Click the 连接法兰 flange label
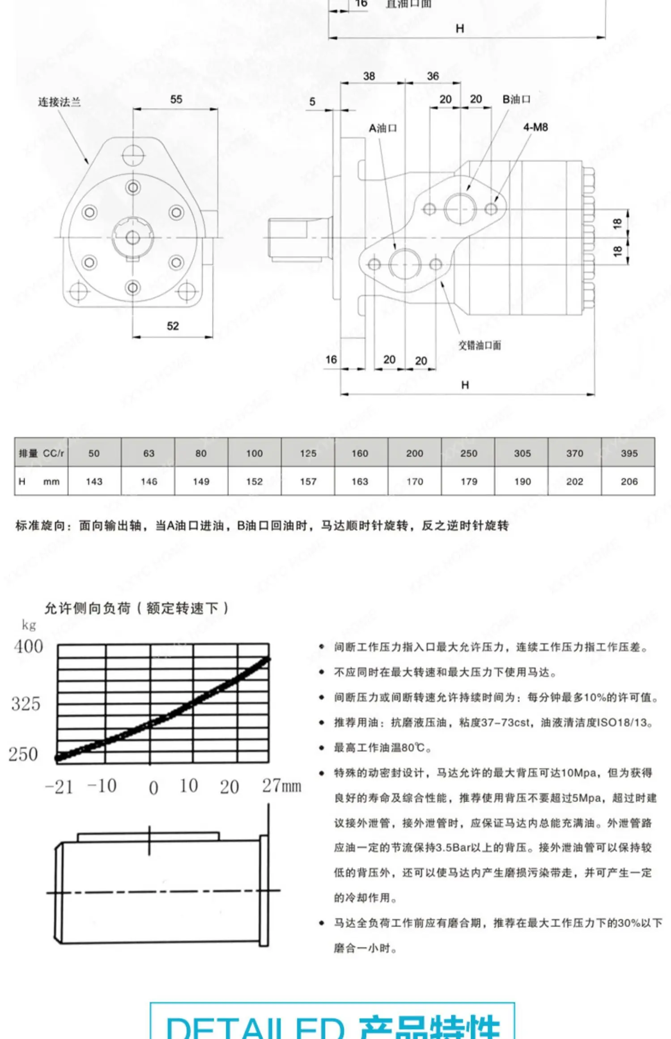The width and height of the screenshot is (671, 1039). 59,102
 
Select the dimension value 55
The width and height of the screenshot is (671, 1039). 176,99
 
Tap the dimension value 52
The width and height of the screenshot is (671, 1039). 173,326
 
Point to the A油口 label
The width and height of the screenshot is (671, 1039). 382,128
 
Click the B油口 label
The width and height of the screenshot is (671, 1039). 516,99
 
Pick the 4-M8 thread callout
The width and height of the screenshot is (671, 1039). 535,128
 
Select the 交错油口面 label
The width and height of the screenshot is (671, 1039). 480,345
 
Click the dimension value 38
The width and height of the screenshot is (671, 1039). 369,76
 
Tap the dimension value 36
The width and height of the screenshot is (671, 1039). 433,76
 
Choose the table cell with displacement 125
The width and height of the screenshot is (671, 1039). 308,453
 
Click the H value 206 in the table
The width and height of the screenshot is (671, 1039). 629,481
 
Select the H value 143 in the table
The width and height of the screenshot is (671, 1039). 94,481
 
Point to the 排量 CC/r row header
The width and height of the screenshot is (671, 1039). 41,453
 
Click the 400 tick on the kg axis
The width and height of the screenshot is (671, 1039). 28,647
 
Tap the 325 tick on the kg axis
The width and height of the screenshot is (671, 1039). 26,704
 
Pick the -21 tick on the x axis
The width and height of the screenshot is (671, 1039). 59,787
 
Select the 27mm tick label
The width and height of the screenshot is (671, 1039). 281,786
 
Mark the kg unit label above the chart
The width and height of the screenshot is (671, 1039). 29,625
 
